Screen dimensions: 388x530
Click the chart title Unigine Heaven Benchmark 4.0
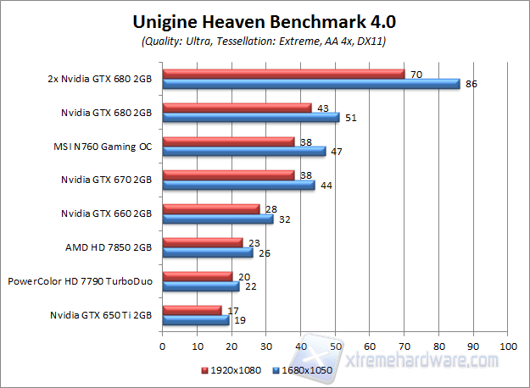(x=265, y=19)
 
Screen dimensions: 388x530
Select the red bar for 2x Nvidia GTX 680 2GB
(x=283, y=74)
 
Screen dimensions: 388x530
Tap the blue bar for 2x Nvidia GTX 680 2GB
(x=310, y=84)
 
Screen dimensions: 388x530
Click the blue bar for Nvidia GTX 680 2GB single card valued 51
(x=250, y=117)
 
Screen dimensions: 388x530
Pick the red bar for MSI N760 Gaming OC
(x=228, y=141)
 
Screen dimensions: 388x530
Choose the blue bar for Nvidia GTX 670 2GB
(x=238, y=185)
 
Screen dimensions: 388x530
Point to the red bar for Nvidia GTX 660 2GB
(x=210, y=208)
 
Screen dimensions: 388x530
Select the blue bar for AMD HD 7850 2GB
(x=207, y=252)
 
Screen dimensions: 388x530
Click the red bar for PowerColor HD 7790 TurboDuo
(x=197, y=275)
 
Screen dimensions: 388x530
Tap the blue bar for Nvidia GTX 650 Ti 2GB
(x=195, y=319)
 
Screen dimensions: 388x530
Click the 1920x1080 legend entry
(x=231, y=371)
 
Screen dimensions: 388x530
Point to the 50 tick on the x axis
(x=335, y=346)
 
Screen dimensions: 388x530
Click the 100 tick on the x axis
(x=508, y=346)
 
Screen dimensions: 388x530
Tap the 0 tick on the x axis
(x=162, y=346)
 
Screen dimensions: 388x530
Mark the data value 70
(x=416, y=74)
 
